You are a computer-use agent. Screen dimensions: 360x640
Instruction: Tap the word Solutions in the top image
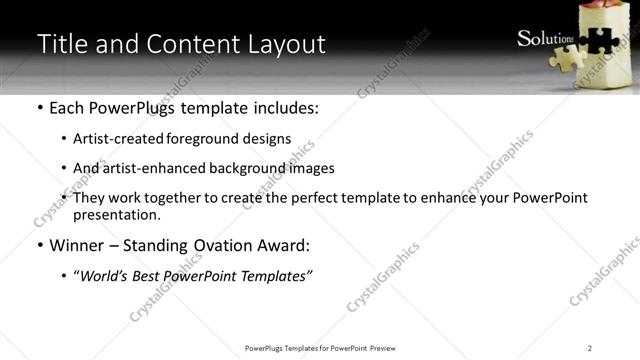546,39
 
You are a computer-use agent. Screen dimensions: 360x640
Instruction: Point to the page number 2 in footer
590,347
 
